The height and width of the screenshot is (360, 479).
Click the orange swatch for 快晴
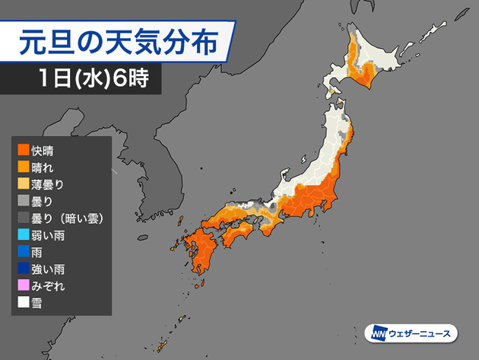tap(24, 151)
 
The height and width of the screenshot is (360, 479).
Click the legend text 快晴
tap(44, 151)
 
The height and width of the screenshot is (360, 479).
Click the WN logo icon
tap(377, 333)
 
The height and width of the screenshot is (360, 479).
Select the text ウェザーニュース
tap(419, 333)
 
